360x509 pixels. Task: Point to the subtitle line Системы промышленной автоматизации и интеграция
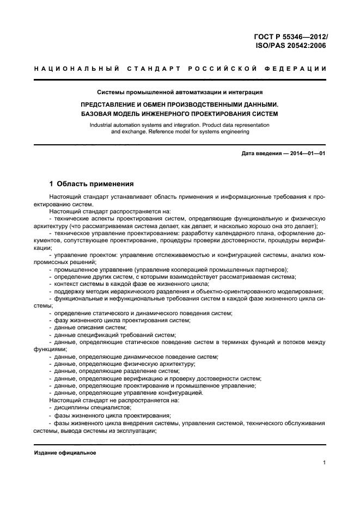tap(180, 92)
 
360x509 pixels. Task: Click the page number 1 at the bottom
tap(324, 463)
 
